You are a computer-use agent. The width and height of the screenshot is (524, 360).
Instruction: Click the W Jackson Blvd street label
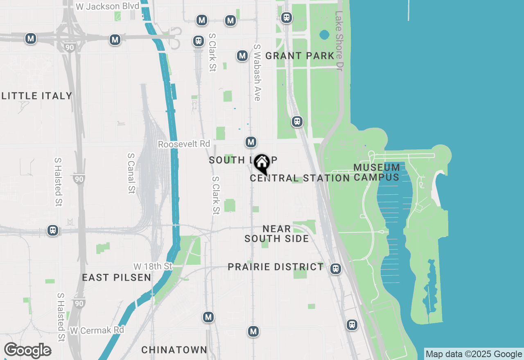[x=108, y=7]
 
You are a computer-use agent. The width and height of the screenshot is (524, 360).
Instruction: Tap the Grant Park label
[x=300, y=56]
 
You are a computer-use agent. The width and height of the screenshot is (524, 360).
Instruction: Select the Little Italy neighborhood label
[x=37, y=96]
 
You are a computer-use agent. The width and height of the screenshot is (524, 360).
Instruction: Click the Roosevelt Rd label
[x=184, y=144]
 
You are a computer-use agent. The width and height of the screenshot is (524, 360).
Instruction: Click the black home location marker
[x=262, y=164]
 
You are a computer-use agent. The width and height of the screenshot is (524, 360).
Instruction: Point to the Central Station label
[x=300, y=178]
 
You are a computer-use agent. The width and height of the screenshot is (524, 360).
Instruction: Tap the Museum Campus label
[x=377, y=172]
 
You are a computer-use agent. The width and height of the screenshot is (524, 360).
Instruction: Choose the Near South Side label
[x=277, y=234]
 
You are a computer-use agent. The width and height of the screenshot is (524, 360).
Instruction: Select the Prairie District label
[x=276, y=267]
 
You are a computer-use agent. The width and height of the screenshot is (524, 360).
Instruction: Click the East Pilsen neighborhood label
[x=117, y=277]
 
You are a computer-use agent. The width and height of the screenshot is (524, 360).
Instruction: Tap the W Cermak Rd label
[x=97, y=330]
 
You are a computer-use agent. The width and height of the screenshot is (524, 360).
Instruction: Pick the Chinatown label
[x=174, y=350]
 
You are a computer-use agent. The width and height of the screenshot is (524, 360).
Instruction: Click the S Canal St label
[x=131, y=173]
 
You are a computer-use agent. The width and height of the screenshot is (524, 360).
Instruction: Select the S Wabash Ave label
[x=257, y=72]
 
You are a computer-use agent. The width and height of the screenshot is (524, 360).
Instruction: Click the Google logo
[x=27, y=351]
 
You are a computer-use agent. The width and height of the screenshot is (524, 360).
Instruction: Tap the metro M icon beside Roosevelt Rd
[x=251, y=142]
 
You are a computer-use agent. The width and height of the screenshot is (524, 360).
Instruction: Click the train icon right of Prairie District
[x=336, y=269]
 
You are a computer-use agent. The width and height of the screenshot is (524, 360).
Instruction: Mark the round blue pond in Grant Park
[x=324, y=35]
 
